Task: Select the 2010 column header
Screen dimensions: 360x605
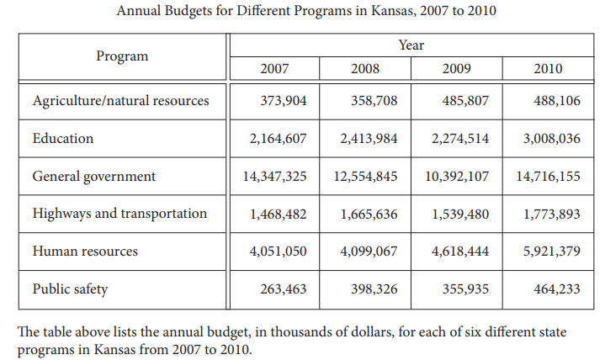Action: coord(548,68)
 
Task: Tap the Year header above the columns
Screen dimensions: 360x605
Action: coord(411,45)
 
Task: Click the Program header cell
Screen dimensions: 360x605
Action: coord(122,56)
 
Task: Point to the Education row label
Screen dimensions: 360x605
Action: coord(63,138)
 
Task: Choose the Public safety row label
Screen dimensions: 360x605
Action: coord(70,289)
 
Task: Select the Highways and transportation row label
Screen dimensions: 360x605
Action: coord(119,214)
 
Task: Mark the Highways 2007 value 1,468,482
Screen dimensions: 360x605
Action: coord(279,214)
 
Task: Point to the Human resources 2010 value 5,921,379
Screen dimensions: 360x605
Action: coord(551,251)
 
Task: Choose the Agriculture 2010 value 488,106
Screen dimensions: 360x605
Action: coord(556,101)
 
